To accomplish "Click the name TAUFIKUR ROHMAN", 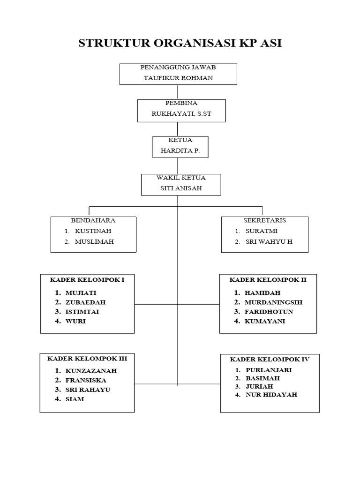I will click(x=178, y=78).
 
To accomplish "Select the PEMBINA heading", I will click(x=181, y=103).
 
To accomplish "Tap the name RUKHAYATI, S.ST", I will click(x=181, y=113).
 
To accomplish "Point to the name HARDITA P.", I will click(x=180, y=151).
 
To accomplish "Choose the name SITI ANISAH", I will click(x=180, y=188).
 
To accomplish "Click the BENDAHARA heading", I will click(x=93, y=220).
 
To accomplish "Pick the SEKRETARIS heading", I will click(x=264, y=220).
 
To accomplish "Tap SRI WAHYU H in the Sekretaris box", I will click(x=269, y=242).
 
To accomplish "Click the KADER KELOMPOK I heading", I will click(x=87, y=279).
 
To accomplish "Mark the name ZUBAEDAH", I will click(x=85, y=302).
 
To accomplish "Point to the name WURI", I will click(x=75, y=322).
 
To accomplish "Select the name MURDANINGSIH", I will click(x=273, y=302).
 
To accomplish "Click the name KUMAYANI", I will click(x=264, y=322).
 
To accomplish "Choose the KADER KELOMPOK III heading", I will click(x=87, y=359).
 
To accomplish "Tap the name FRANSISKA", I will click(x=86, y=380).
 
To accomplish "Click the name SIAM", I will click(x=75, y=399).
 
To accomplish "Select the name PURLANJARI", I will click(x=269, y=370).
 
